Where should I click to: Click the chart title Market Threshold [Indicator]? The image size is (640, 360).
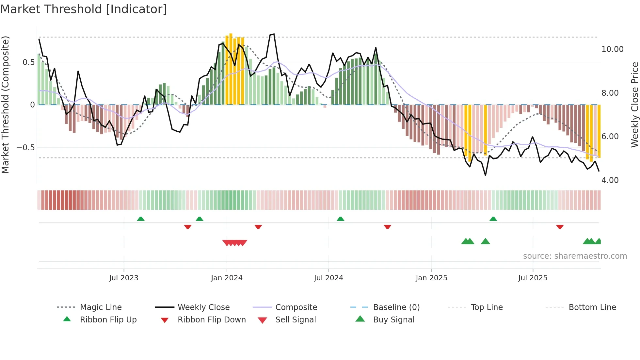click(84, 9)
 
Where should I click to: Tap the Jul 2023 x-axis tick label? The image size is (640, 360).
click(124, 278)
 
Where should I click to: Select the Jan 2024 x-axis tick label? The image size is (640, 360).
click(227, 278)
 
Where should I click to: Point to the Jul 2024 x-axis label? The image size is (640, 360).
click(328, 278)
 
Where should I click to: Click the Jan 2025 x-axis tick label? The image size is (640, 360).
click(431, 278)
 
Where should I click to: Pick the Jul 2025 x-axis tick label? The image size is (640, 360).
click(533, 278)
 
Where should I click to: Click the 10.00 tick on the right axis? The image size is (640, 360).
click(612, 49)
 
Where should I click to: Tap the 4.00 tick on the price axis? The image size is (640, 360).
click(610, 180)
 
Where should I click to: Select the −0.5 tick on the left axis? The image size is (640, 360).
click(26, 148)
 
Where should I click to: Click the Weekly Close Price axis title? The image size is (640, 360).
click(634, 105)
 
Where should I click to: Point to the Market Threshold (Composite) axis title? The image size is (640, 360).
click(5, 105)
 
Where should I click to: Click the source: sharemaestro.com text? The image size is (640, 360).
click(575, 256)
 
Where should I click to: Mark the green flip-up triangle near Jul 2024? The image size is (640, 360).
click(341, 219)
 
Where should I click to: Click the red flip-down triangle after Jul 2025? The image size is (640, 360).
click(560, 227)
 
